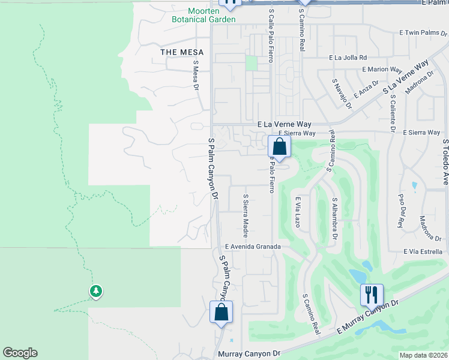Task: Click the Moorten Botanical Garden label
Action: pos(203,15)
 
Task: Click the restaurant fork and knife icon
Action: pos(372,294)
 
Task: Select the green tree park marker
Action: pos(95,291)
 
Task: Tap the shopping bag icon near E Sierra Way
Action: pos(279,146)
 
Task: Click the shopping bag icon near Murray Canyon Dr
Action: pos(221,311)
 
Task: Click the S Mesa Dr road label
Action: pos(196,75)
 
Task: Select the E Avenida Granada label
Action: pos(253,247)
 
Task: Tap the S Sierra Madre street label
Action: pos(245,214)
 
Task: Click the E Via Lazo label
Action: pos(297,213)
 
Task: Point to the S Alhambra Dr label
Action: pos(334,215)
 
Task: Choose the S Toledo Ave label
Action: pos(445,162)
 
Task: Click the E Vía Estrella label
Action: pos(423,251)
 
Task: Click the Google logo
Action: pos(20,353)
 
